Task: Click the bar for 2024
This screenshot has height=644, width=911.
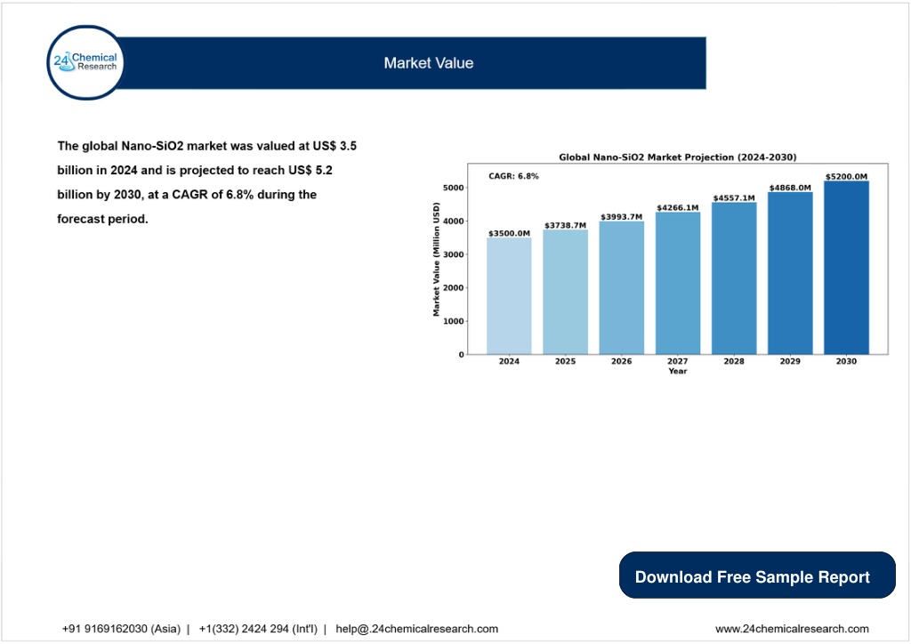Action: tap(509, 296)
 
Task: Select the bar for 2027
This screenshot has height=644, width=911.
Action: tap(677, 284)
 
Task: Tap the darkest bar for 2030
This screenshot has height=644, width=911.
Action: tap(846, 268)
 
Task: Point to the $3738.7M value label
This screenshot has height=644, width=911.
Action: tap(565, 225)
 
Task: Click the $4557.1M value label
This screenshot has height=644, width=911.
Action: tap(734, 198)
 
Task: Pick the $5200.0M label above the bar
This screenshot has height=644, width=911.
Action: tap(846, 176)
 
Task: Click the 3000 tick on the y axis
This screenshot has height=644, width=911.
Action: tap(453, 254)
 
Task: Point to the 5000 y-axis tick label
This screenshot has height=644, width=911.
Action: tap(453, 188)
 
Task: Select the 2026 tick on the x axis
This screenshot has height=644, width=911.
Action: tap(621, 361)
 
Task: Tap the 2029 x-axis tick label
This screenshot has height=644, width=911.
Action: tap(790, 361)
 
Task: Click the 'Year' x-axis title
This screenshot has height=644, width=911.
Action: tap(677, 371)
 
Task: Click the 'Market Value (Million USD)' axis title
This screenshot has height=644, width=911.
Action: tap(436, 259)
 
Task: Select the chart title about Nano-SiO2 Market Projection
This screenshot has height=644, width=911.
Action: tap(677, 157)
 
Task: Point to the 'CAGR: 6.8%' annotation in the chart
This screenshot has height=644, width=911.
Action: tap(513, 176)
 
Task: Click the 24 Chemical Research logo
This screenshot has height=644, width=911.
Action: tap(86, 62)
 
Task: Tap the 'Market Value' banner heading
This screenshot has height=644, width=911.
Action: tap(429, 63)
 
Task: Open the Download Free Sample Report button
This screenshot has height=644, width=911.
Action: tap(757, 575)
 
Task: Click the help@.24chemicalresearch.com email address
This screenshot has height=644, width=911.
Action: tap(416, 629)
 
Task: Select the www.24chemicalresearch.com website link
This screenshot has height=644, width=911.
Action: tap(792, 629)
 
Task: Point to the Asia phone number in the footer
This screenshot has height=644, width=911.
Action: tap(121, 629)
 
